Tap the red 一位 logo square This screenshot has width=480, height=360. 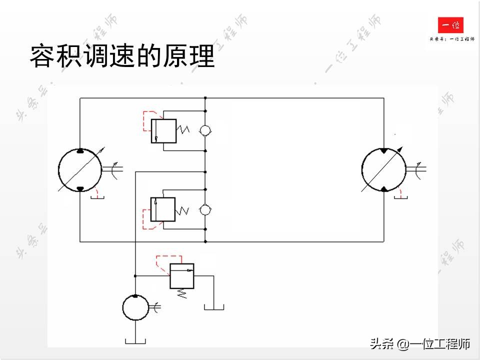[450, 25]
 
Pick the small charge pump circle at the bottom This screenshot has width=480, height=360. [135, 307]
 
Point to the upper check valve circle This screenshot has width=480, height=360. [205, 130]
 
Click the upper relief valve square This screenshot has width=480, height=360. [163, 130]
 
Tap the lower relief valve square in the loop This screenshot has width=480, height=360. [163, 209]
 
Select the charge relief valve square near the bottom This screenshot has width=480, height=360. [182, 276]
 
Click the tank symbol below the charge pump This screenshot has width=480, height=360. [135, 341]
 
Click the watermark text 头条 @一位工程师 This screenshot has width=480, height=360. [420, 344]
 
